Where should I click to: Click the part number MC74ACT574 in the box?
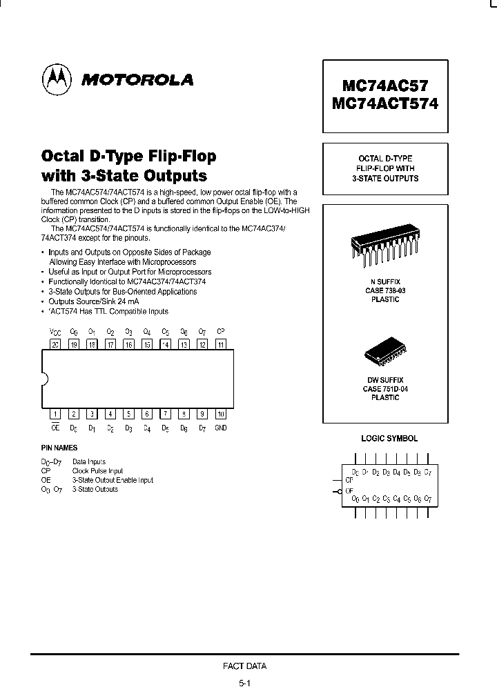385,104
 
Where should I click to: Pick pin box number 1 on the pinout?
55,414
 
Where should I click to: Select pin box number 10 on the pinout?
220,414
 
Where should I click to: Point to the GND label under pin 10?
220,428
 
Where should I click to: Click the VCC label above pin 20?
55,332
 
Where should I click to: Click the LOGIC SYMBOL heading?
389,439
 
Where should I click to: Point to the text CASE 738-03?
385,291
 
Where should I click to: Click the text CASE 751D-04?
385,389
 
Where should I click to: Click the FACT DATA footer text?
244,666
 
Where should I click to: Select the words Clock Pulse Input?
97,471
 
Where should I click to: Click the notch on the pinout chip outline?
45,379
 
